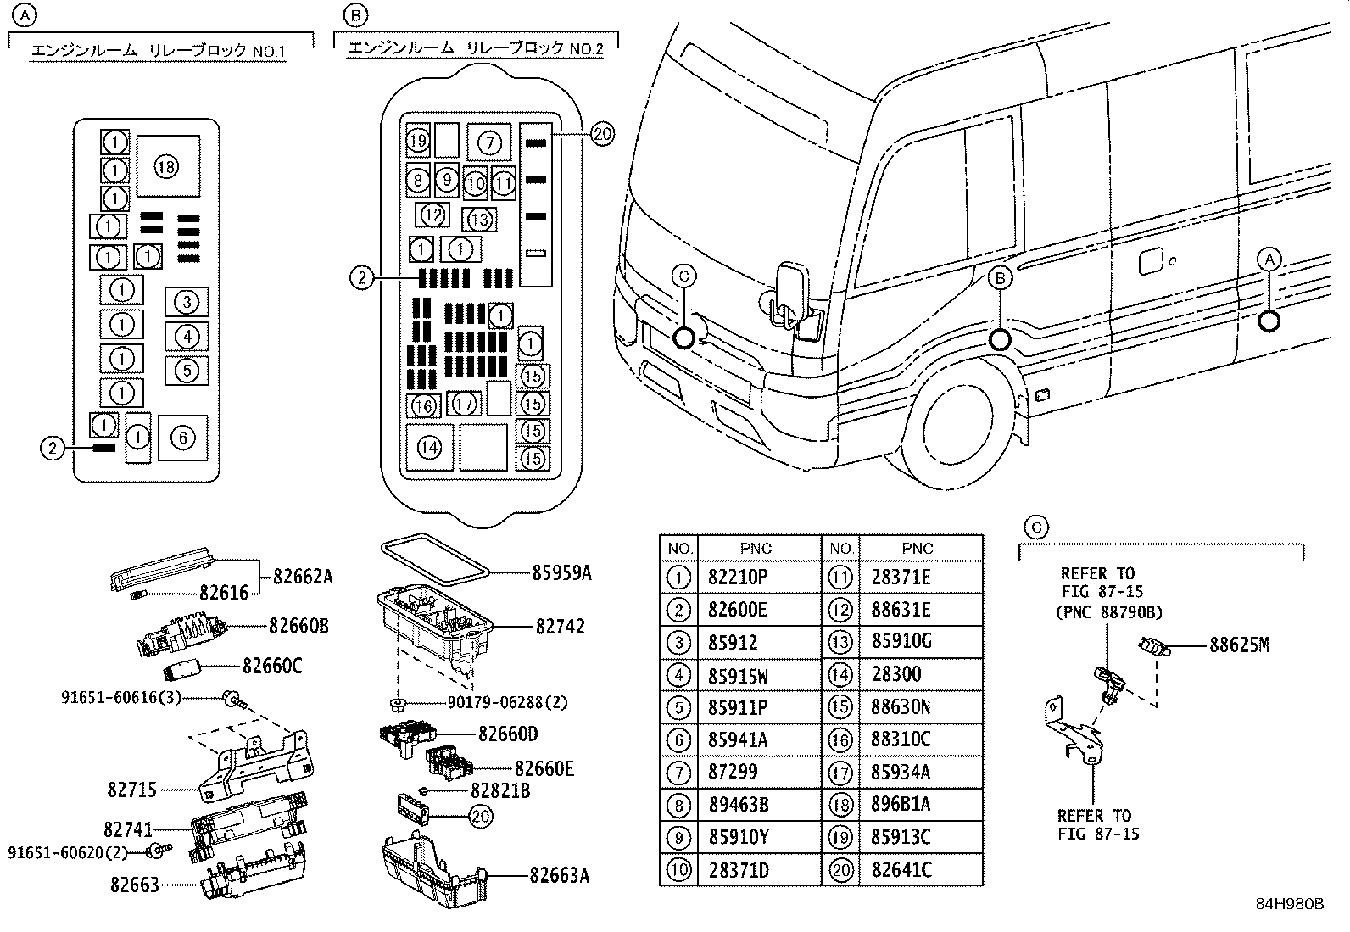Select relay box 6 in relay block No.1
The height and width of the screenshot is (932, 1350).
(x=183, y=438)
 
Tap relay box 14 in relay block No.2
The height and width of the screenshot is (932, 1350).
(x=430, y=447)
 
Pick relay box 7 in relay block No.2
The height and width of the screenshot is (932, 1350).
(x=489, y=142)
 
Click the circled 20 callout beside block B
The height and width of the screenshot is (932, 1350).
(x=602, y=133)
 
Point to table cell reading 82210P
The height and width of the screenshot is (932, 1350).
(x=738, y=578)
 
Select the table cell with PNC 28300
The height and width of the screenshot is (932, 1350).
(x=896, y=675)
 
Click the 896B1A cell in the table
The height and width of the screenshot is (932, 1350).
(x=901, y=805)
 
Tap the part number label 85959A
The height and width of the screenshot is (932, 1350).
(x=561, y=573)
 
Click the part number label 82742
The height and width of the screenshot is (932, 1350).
(x=560, y=627)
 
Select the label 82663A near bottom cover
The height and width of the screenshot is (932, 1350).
(x=559, y=874)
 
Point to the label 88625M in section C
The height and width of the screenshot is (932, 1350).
(x=1238, y=645)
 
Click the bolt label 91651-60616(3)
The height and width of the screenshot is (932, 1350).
(x=121, y=698)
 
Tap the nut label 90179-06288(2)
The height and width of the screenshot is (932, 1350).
(x=507, y=702)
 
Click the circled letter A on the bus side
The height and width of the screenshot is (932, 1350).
(x=1269, y=259)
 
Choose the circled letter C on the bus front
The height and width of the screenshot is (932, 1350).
(x=683, y=276)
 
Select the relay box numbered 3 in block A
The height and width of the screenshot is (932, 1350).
(x=187, y=301)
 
